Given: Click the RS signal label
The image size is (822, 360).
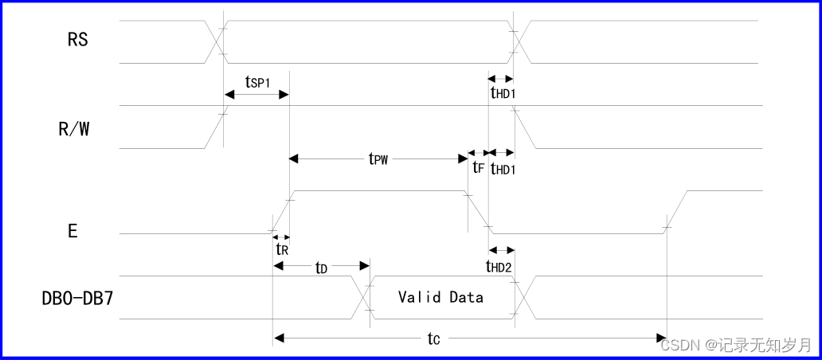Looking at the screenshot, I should (x=78, y=40).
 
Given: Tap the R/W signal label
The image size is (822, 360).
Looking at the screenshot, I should (x=74, y=129).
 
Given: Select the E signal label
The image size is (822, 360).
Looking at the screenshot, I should (x=72, y=232).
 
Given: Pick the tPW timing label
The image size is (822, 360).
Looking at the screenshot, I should (x=378, y=159).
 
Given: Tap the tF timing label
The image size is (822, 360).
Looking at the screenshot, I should (x=478, y=167).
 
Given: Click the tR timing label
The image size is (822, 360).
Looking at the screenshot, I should (x=281, y=248).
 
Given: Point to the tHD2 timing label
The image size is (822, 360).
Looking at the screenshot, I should (x=499, y=266).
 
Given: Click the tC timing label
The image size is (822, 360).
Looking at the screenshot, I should (x=433, y=339).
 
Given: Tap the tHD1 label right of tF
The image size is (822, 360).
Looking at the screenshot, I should (x=503, y=168).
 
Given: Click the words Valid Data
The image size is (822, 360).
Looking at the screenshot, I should (x=440, y=297).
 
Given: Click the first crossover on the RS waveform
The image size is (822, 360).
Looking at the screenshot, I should (x=216, y=41).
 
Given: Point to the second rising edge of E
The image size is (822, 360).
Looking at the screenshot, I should (x=676, y=212).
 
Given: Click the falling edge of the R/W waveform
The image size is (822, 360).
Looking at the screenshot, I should (x=526, y=127).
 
